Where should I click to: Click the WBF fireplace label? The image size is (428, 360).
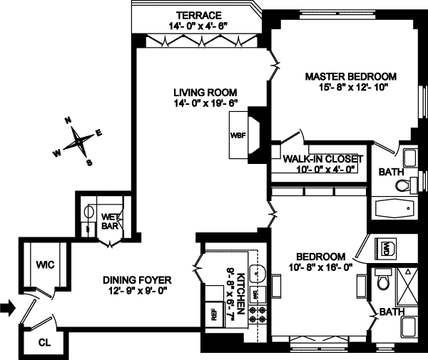[x=237, y=135]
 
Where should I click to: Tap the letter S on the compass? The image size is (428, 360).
[x=89, y=162]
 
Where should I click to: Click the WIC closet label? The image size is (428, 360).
[x=45, y=264]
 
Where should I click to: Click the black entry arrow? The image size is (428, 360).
[x=7, y=308]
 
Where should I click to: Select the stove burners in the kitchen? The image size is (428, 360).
[x=258, y=316]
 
